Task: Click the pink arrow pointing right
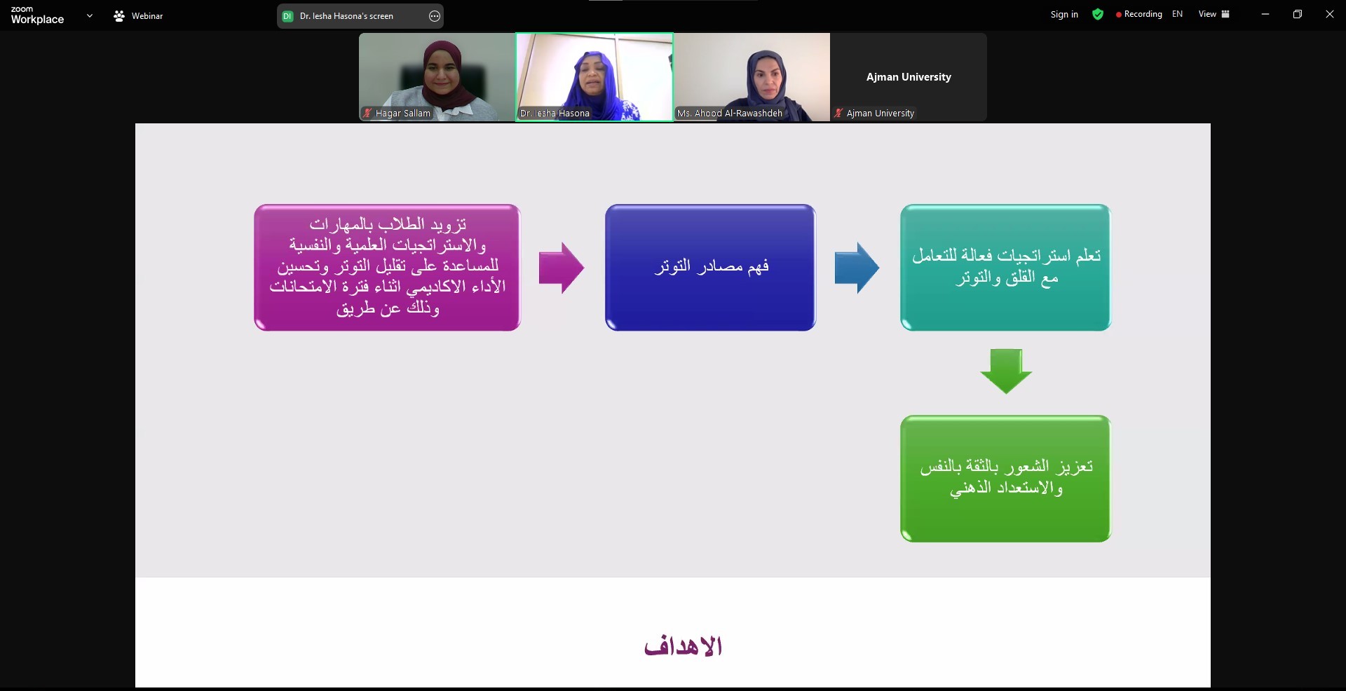(x=561, y=268)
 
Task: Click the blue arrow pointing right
(x=857, y=268)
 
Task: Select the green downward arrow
(x=1006, y=371)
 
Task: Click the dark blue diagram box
(x=710, y=267)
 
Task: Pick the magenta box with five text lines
(x=387, y=267)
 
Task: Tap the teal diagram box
(x=1005, y=267)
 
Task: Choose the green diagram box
(x=1005, y=478)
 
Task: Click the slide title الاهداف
(x=683, y=645)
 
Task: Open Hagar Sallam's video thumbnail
(x=437, y=77)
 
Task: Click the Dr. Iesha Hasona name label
(x=555, y=113)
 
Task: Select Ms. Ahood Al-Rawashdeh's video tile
(x=752, y=77)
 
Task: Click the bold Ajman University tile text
(x=909, y=77)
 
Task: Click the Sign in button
(x=1064, y=14)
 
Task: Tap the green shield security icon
(x=1098, y=14)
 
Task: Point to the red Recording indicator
(x=1139, y=14)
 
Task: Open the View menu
(x=1214, y=14)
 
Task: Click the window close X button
(x=1329, y=14)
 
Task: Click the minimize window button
(x=1265, y=14)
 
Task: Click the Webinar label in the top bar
(x=147, y=15)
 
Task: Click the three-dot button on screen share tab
(x=435, y=16)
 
